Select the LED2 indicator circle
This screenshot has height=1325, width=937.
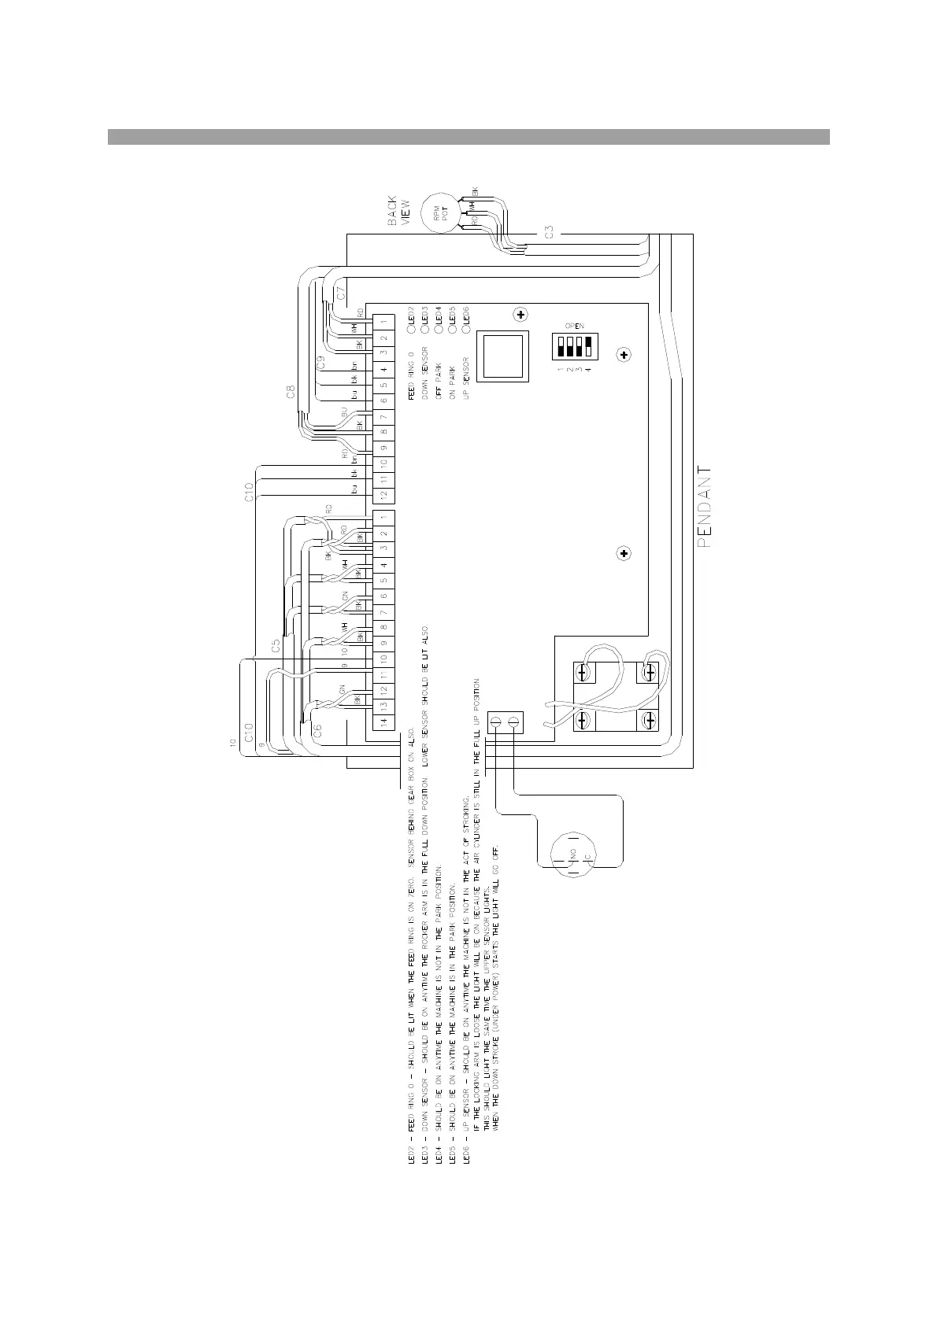410,320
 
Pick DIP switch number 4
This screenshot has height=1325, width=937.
587,346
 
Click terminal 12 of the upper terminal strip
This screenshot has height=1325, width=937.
383,495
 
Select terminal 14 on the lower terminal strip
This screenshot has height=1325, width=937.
383,722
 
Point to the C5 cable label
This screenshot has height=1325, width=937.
275,646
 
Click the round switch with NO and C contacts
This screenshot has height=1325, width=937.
572,854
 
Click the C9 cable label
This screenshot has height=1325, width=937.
320,363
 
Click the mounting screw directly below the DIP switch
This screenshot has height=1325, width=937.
624,356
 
